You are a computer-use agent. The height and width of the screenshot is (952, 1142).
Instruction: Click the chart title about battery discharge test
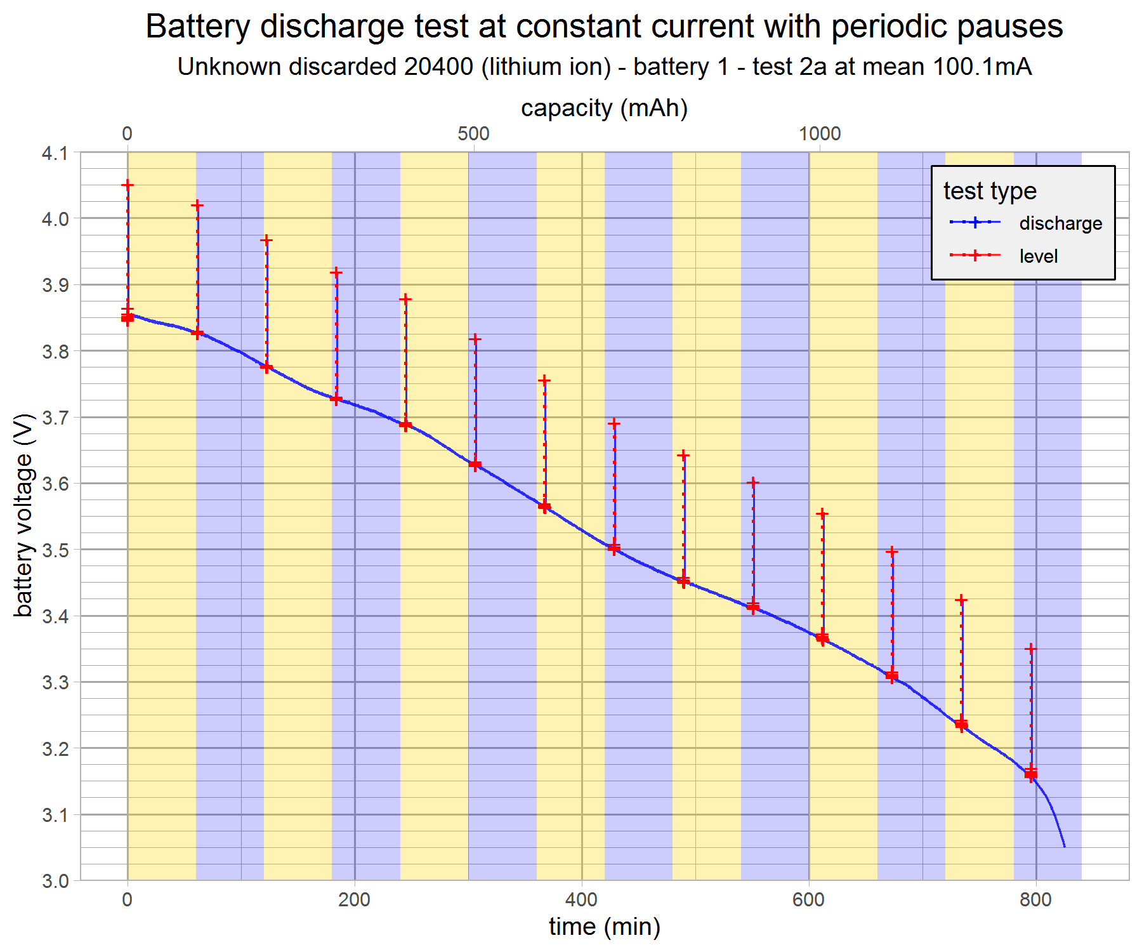click(604, 27)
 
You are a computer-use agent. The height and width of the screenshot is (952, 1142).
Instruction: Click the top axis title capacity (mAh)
click(604, 108)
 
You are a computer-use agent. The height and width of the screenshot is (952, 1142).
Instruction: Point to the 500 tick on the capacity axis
click(473, 133)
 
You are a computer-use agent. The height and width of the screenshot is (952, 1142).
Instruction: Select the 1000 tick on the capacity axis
click(819, 133)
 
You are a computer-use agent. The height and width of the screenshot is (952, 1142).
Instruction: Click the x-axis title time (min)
click(604, 927)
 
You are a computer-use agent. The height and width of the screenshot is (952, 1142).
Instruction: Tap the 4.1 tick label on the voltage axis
click(55, 153)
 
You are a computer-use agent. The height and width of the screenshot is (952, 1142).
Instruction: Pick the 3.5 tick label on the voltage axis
click(55, 550)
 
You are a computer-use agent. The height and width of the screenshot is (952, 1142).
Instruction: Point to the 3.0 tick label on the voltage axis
click(55, 881)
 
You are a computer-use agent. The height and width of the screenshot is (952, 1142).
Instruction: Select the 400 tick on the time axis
click(581, 900)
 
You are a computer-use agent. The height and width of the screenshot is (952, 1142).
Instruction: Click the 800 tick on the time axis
click(1035, 900)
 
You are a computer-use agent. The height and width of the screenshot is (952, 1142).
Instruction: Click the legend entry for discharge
click(1060, 223)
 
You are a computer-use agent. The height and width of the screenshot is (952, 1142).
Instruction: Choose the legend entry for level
click(1038, 256)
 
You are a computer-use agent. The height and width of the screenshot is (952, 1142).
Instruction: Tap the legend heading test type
click(990, 190)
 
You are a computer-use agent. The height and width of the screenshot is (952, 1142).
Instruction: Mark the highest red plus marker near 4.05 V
click(128, 185)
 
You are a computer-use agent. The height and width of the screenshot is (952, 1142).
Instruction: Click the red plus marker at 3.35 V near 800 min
click(1031, 649)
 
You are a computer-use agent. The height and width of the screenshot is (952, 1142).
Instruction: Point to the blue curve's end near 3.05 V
click(1064, 846)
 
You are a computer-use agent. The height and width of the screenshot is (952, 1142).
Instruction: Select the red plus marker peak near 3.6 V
click(753, 483)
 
